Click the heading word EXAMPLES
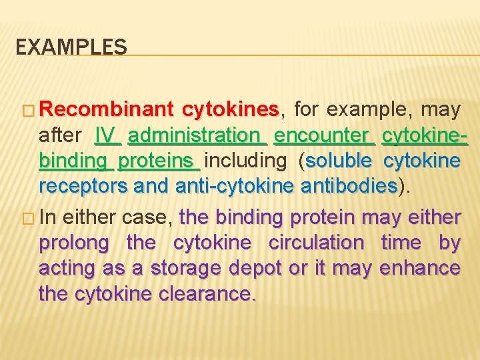click(71, 47)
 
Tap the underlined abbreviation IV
click(107, 135)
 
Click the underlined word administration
click(197, 135)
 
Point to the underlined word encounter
click(324, 135)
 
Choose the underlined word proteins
click(159, 161)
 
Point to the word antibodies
click(349, 186)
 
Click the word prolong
click(73, 243)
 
